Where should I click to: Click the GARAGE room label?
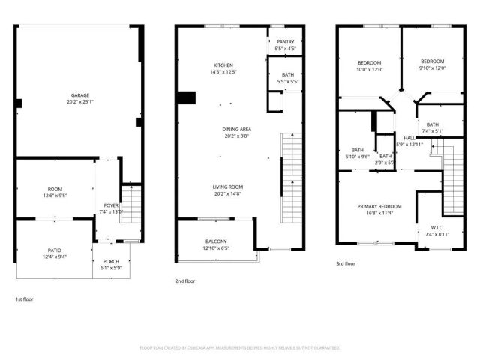80,95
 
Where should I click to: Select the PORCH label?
110,261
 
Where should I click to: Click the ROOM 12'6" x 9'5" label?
55,190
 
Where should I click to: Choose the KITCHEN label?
223,65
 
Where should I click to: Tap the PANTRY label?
285,42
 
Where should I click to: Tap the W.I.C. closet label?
436,228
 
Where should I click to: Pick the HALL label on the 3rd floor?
409,138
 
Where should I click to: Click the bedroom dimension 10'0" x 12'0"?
369,69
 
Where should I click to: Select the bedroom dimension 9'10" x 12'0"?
432,68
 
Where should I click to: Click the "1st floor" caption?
24,299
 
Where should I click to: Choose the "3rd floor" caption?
346,263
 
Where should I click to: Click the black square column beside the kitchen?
186,98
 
